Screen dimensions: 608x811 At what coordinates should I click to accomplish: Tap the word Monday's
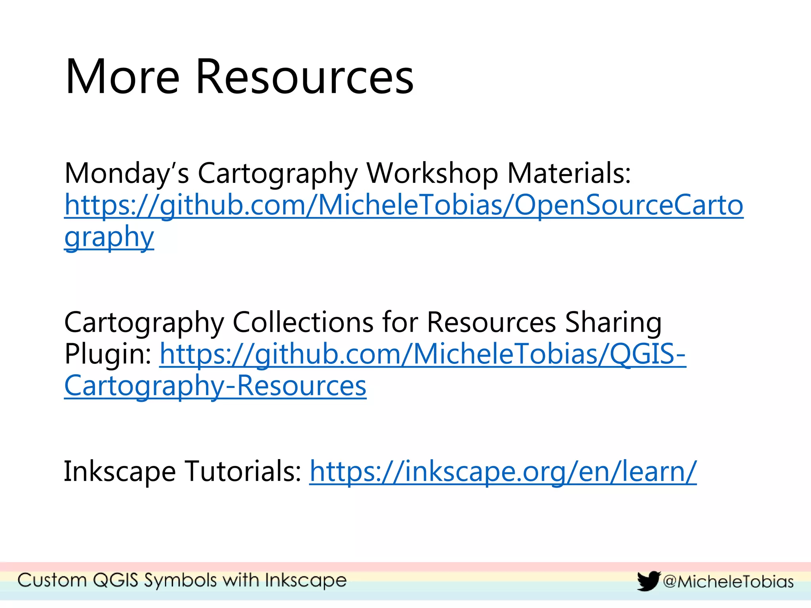click(x=127, y=174)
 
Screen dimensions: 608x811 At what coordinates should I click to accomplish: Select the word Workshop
click(x=432, y=174)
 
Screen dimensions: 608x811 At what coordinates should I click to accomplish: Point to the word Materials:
click(x=569, y=174)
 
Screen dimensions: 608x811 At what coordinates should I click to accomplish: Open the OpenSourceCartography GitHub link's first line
click(x=404, y=205)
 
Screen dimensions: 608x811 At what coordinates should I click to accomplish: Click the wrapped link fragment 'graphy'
click(x=109, y=237)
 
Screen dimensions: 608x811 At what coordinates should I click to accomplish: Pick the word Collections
click(x=303, y=322)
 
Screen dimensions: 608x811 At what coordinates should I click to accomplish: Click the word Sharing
click(x=613, y=322)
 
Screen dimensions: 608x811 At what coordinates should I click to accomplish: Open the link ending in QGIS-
click(x=423, y=354)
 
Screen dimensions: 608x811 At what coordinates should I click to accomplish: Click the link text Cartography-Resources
click(x=215, y=386)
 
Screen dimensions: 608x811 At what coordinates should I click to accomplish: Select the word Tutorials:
click(x=243, y=471)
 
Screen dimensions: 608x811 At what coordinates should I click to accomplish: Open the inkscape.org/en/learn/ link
click(x=503, y=471)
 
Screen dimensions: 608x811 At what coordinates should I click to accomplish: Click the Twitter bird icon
click(x=648, y=581)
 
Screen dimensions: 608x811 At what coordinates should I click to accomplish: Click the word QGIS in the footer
click(x=116, y=580)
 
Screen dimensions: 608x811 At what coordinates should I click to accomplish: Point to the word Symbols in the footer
click(x=180, y=581)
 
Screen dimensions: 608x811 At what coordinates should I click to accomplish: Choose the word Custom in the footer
click(x=52, y=580)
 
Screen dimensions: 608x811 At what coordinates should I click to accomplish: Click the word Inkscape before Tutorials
click(x=120, y=471)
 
